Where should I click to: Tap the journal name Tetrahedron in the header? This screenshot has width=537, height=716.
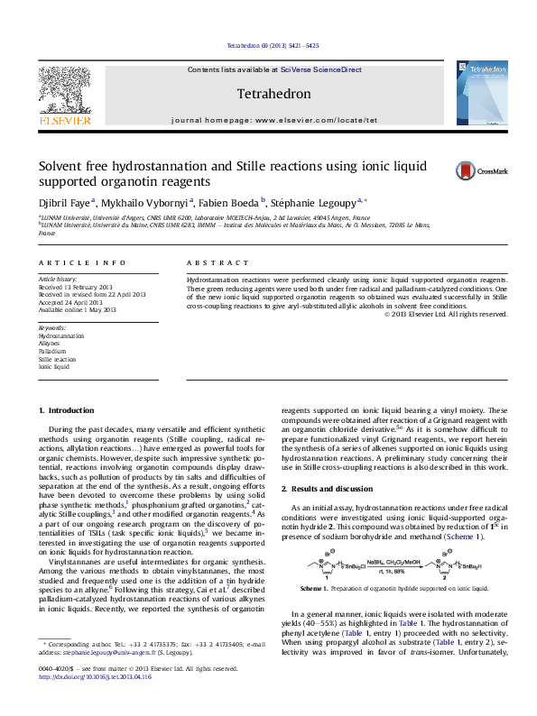[x=273, y=94]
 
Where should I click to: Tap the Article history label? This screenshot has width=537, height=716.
[x=57, y=280]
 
